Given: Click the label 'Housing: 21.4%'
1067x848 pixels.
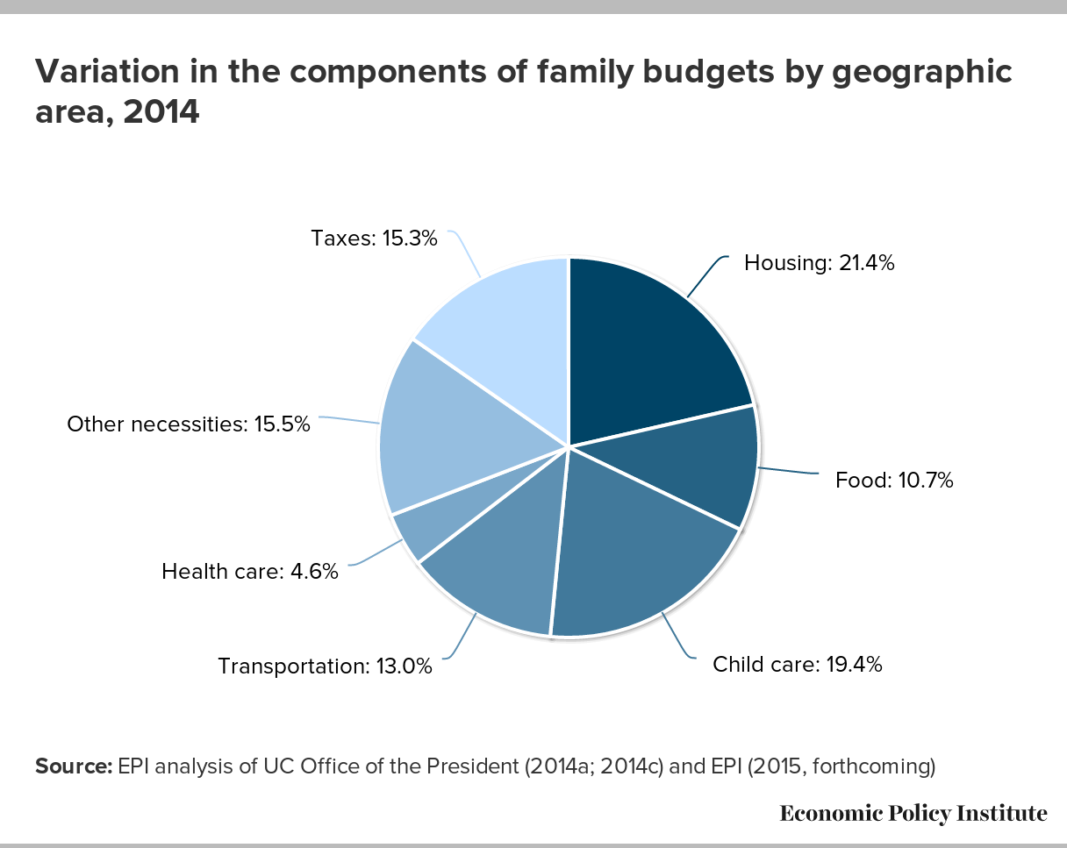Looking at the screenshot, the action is (x=819, y=263).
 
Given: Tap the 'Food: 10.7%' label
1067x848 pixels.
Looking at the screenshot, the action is (x=894, y=480).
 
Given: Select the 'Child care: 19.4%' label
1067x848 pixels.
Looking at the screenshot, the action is (x=798, y=664).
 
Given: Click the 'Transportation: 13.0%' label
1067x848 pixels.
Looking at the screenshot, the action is (x=326, y=666).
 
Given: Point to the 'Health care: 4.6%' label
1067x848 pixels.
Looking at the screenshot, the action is (x=250, y=572).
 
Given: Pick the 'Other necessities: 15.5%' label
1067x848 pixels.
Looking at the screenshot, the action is (x=189, y=424).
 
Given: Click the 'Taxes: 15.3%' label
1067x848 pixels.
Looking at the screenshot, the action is (x=374, y=239).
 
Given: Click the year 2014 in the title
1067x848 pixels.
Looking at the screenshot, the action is (x=161, y=111).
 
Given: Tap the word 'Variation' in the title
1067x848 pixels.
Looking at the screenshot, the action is (x=106, y=71).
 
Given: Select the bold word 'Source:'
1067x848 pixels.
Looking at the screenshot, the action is (x=74, y=766).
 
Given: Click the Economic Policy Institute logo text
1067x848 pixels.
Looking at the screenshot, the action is (x=913, y=814).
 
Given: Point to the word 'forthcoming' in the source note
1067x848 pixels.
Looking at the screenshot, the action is (x=870, y=767).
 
